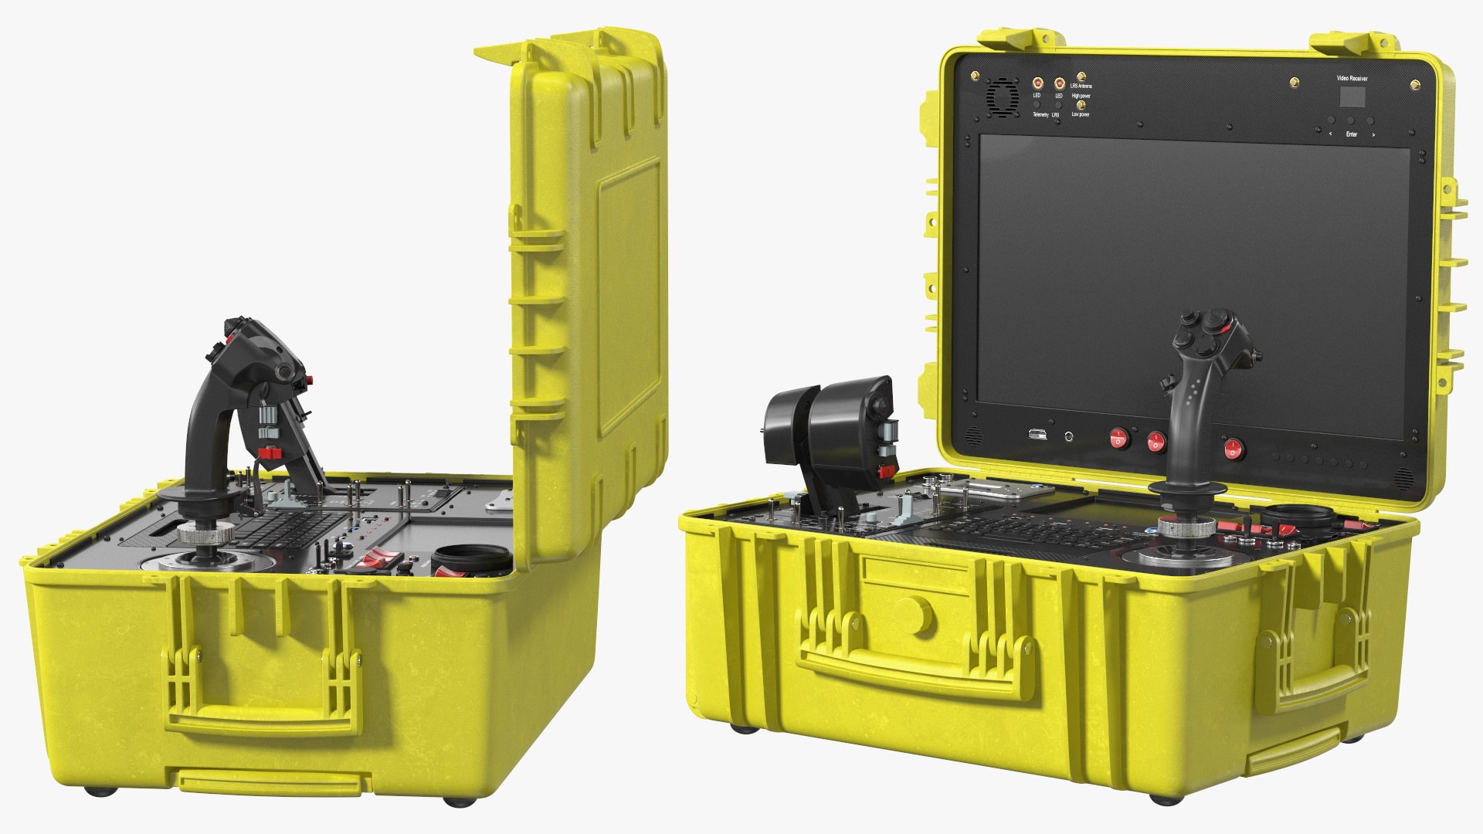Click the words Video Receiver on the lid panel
click(x=1352, y=79)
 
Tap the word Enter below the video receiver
click(x=1351, y=134)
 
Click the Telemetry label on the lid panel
click(x=1040, y=114)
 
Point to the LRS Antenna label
click(x=1081, y=86)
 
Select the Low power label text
click(x=1081, y=114)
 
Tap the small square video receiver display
click(x=1352, y=97)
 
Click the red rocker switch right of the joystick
click(x=1234, y=448)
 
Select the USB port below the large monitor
click(x=1034, y=435)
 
